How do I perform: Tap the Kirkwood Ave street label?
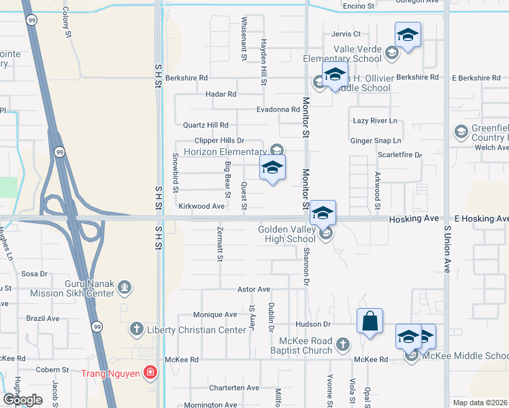(x=201, y=206)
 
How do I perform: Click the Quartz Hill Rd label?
(x=206, y=125)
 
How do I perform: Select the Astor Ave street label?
(x=254, y=289)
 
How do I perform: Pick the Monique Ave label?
(x=215, y=315)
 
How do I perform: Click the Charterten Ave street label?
(x=234, y=388)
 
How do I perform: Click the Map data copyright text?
(x=480, y=403)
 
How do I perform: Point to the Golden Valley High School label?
(x=286, y=235)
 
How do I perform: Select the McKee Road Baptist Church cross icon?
(x=342, y=344)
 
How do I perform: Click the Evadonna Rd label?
(x=278, y=109)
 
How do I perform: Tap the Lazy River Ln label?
(x=374, y=121)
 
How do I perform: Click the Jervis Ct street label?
(x=346, y=34)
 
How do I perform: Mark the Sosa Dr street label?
(x=33, y=274)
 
